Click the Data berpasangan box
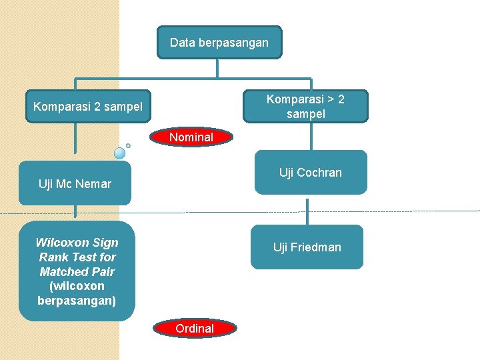pyautogui.click(x=219, y=42)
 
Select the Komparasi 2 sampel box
pyautogui.click(x=88, y=106)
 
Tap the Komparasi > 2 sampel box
pyautogui.click(x=305, y=106)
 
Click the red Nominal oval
pyautogui.click(x=191, y=137)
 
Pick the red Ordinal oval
pyautogui.click(x=195, y=328)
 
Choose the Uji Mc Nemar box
pyautogui.click(x=75, y=183)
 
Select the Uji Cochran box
pyautogui.click(x=311, y=173)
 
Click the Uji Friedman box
pyautogui.click(x=307, y=247)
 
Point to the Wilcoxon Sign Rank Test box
pyautogui.click(x=77, y=271)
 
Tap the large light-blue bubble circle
pyautogui.click(x=119, y=153)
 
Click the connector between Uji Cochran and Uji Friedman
pyautogui.click(x=307, y=212)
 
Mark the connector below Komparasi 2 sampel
pyautogui.click(x=75, y=138)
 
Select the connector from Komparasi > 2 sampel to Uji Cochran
pyautogui.click(x=311, y=137)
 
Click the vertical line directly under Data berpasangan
pyautogui.click(x=217, y=69)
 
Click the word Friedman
pyautogui.click(x=315, y=247)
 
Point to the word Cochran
pyautogui.click(x=319, y=173)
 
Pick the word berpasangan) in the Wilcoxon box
pyautogui.click(x=77, y=301)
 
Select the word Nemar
pyautogui.click(x=93, y=184)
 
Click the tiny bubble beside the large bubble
pyautogui.click(x=128, y=146)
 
